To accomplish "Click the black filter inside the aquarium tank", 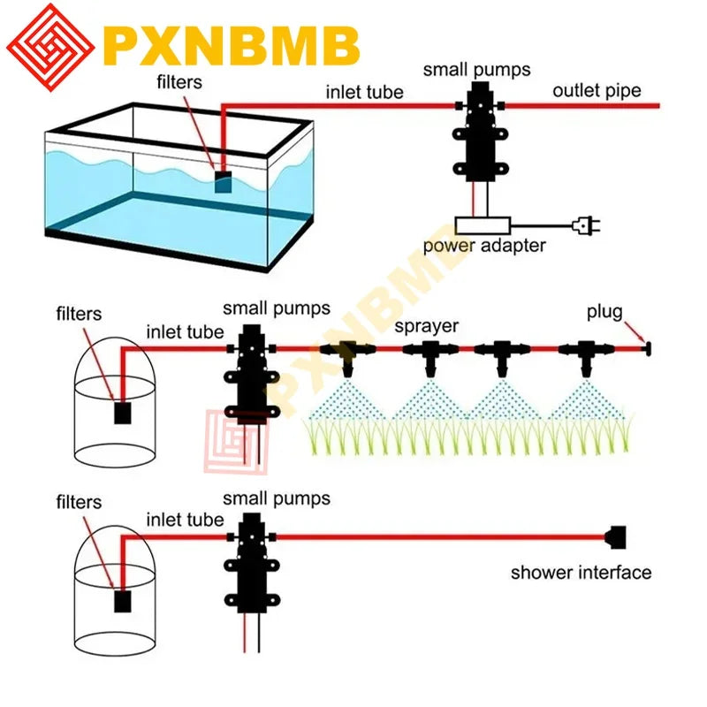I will point(224,183).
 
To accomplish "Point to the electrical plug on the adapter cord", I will point(584,226).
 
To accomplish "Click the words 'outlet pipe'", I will point(597,90).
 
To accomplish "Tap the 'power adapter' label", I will point(484,247).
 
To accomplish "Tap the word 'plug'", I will point(604,313).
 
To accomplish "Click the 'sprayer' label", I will point(426,326).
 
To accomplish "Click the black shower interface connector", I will point(616,536).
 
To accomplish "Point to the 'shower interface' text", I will point(581,573).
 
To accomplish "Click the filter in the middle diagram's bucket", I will point(123,413).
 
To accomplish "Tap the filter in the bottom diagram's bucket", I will point(123,601).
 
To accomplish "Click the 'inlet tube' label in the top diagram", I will point(365,91).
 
